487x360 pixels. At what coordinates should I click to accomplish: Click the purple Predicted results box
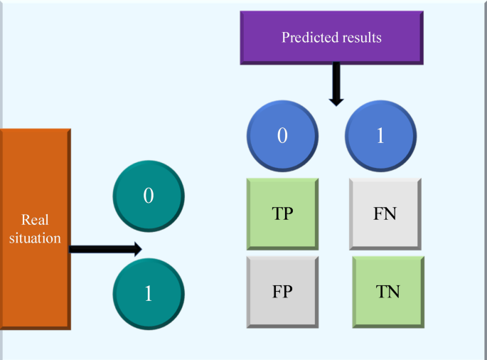point(331,37)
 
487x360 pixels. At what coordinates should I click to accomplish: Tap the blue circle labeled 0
point(282,136)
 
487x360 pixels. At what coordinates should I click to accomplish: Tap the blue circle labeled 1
point(380,136)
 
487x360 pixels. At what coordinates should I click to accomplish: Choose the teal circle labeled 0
point(149,196)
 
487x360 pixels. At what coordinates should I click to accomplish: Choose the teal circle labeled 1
point(149,293)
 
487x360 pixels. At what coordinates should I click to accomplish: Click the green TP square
point(282,213)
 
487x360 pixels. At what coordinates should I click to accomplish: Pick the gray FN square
point(385,213)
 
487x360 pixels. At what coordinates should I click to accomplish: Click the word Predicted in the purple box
point(306,38)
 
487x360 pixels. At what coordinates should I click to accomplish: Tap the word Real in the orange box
point(35,220)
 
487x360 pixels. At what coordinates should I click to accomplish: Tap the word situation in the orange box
point(35,238)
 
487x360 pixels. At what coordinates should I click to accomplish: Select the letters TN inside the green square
point(389,291)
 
